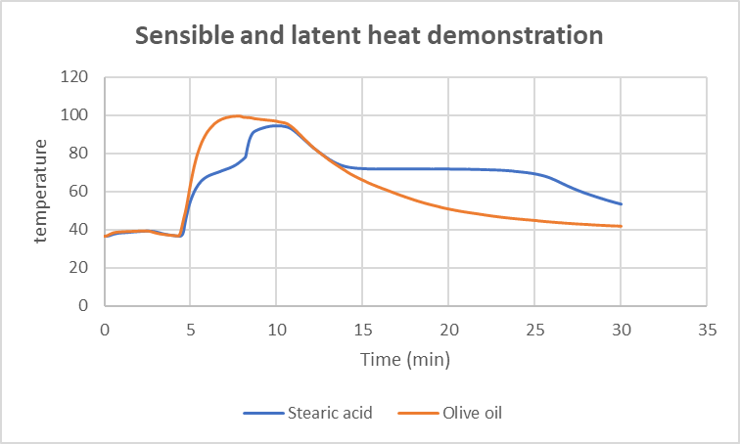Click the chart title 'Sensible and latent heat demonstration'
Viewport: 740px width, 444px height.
click(x=368, y=36)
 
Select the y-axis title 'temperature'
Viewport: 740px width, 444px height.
click(x=40, y=191)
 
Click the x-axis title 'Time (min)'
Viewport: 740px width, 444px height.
click(x=405, y=361)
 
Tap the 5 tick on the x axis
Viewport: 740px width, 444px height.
click(x=191, y=329)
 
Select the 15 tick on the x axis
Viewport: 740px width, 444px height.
click(x=362, y=329)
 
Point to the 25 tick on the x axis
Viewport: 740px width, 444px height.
click(x=534, y=329)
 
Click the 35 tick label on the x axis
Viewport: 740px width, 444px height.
click(x=707, y=329)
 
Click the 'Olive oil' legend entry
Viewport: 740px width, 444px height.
click(x=450, y=413)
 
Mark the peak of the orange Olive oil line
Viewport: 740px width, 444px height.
click(x=235, y=115)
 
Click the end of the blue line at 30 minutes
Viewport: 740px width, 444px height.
click(x=621, y=204)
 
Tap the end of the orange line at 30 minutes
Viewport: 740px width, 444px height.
click(x=621, y=226)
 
